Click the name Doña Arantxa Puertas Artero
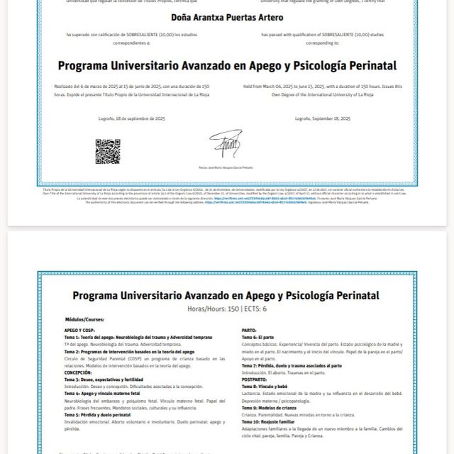[x=226, y=16]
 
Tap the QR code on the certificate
[x=108, y=151]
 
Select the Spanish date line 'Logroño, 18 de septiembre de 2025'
[x=131, y=118]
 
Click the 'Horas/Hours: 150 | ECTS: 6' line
[x=226, y=309]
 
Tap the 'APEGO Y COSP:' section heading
[x=79, y=331]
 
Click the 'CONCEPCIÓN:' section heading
[x=78, y=372]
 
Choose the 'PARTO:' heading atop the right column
[x=249, y=331]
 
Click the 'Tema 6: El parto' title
[x=258, y=337]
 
